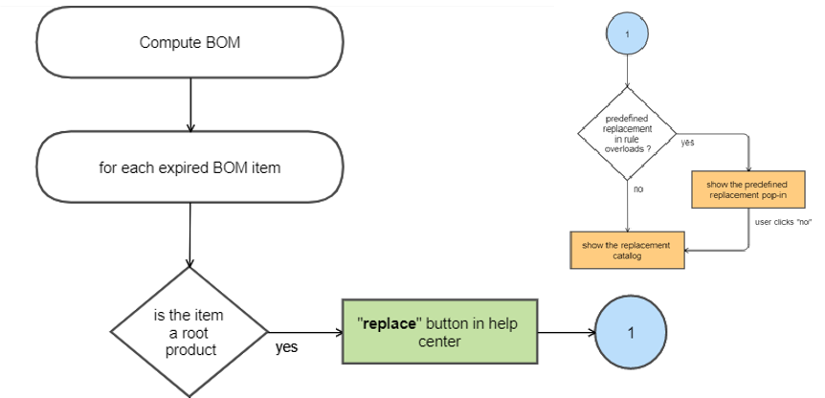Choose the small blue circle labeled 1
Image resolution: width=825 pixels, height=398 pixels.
[x=627, y=33]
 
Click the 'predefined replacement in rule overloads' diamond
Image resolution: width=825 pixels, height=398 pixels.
[x=627, y=133]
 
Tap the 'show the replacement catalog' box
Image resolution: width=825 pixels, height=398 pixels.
[x=627, y=250]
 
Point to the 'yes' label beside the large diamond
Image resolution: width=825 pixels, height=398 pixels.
[x=286, y=347]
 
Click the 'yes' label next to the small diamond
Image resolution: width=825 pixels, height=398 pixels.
[x=687, y=143]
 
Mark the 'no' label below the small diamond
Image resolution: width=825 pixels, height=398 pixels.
[x=637, y=189]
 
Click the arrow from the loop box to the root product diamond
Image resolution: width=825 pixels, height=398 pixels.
[x=190, y=233]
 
